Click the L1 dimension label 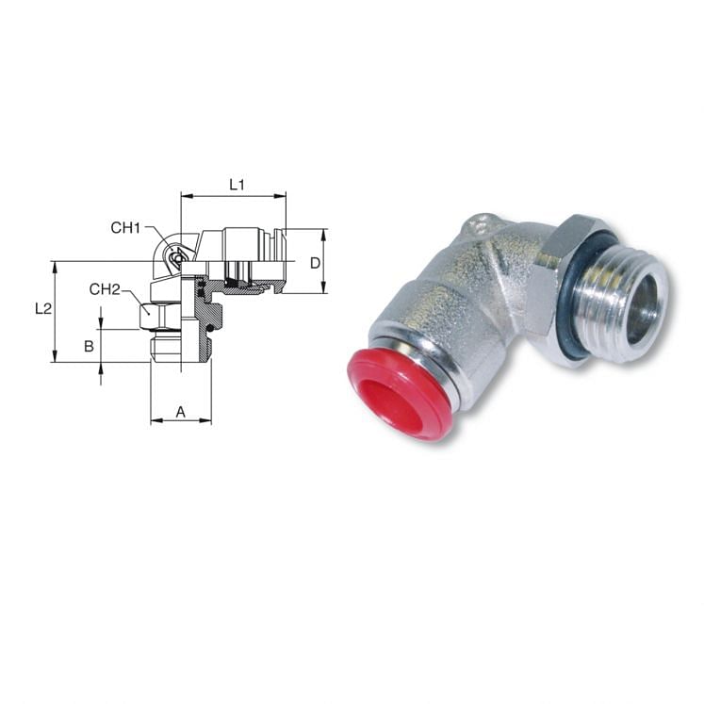(237, 186)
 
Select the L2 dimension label (42, 308)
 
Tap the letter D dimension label (316, 262)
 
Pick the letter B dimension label (89, 346)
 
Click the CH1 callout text (125, 227)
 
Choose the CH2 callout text (105, 288)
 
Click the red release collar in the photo (401, 391)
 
